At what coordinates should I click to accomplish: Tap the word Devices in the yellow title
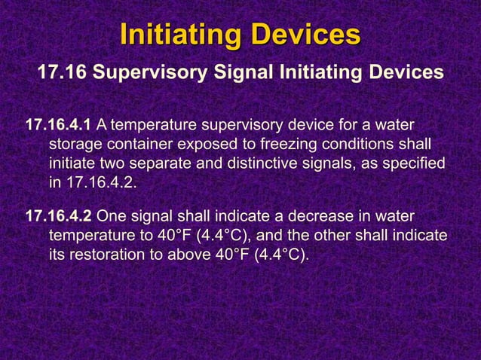pyautogui.click(x=306, y=35)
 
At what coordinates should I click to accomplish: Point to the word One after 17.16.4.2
pyautogui.click(x=112, y=215)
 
